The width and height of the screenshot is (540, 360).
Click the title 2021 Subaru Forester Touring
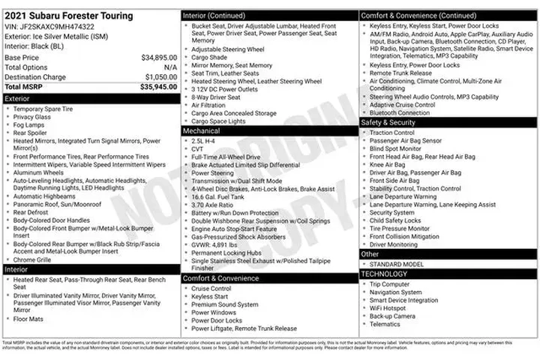(68, 16)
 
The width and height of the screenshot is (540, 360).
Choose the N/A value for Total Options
(170, 67)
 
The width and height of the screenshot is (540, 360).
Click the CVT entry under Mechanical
(198, 148)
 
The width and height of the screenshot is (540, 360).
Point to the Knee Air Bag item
(388, 164)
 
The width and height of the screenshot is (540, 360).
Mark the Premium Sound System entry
(225, 304)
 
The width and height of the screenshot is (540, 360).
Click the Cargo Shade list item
(209, 57)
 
